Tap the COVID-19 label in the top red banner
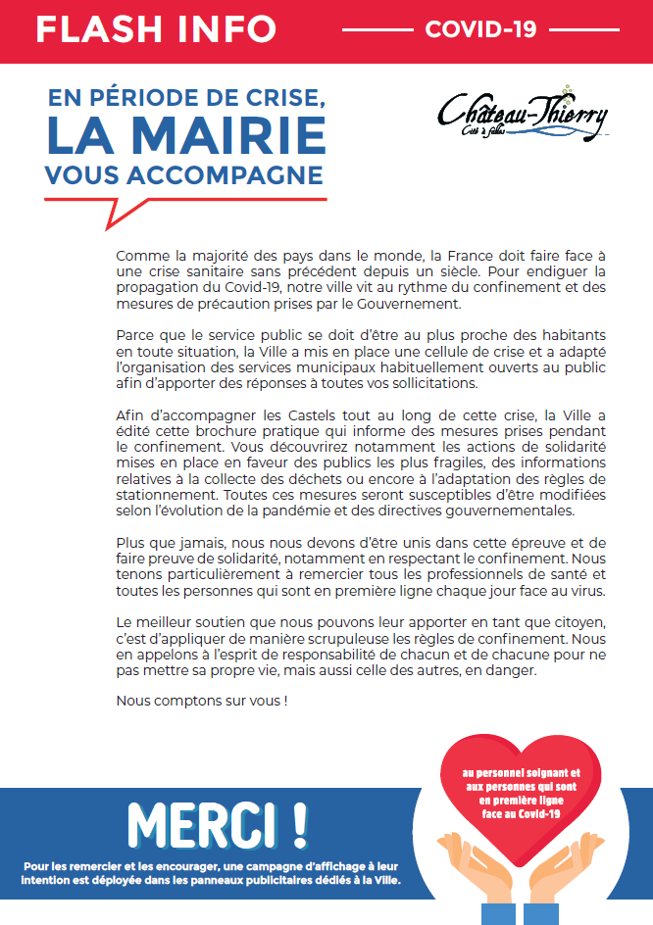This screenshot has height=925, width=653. point(480,29)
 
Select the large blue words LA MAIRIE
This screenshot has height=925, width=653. point(185,137)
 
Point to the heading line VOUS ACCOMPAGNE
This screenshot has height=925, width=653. point(183,174)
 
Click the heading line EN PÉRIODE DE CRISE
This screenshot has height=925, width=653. point(185,99)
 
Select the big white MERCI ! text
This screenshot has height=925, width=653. point(217,826)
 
